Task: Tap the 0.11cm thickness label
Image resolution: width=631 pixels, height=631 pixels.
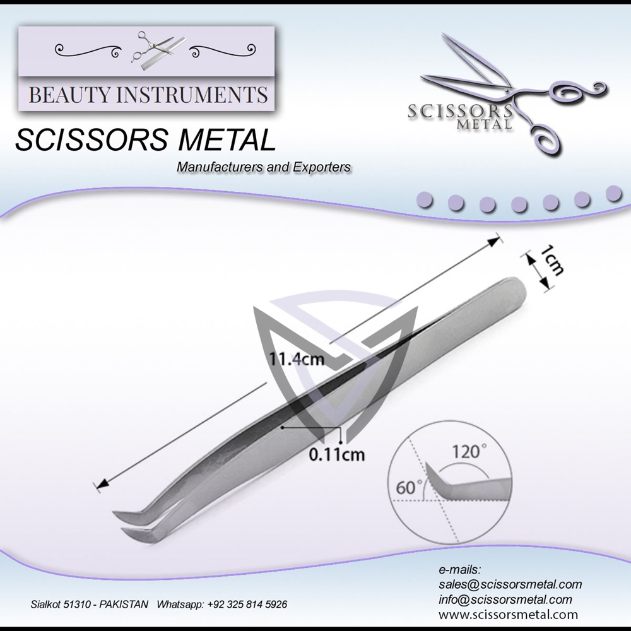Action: point(337,454)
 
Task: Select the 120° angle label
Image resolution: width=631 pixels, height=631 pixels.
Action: point(471,452)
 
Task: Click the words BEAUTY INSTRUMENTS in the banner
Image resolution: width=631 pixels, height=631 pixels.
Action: point(148,95)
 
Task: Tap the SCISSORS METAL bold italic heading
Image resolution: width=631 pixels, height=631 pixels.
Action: point(145,140)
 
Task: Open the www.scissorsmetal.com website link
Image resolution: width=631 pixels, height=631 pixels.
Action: point(508,614)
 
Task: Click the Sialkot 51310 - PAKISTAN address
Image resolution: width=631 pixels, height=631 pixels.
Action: point(90,604)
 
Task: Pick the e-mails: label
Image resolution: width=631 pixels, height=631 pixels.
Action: point(459,570)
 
